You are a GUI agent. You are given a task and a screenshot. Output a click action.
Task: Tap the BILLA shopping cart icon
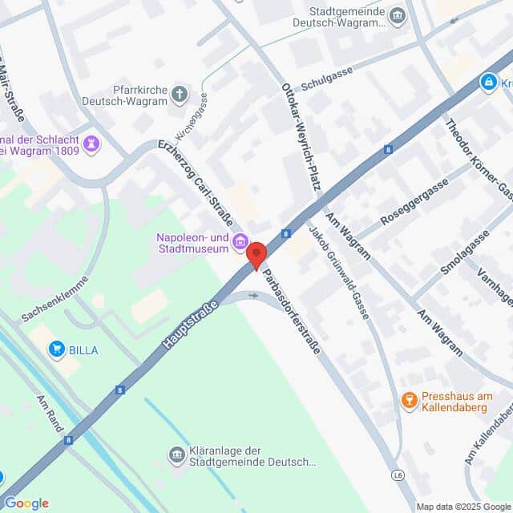click(x=56, y=348)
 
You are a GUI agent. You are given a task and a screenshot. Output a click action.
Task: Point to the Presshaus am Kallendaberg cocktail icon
click(x=410, y=398)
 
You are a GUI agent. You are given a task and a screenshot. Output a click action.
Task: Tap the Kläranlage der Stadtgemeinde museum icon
click(x=176, y=455)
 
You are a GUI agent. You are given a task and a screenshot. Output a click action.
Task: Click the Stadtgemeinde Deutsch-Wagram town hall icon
click(x=397, y=16)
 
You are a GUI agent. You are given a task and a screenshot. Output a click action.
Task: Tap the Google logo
click(x=26, y=503)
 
